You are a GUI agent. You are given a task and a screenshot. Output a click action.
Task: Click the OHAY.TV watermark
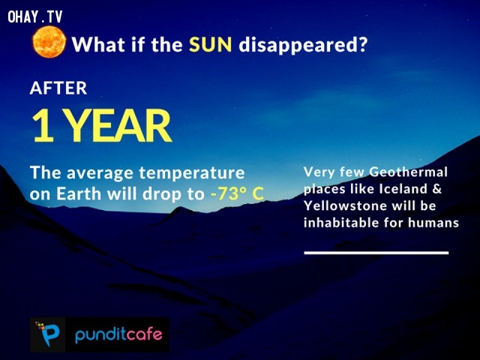[x=35, y=16]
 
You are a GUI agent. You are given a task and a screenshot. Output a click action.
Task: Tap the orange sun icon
[x=49, y=42]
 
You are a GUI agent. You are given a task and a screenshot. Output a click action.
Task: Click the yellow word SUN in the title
[x=211, y=45]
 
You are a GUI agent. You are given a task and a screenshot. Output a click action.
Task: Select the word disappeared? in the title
[x=303, y=45]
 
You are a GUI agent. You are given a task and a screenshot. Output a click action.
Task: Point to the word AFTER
[x=58, y=88]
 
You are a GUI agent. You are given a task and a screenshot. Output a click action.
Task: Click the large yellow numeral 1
[x=43, y=125]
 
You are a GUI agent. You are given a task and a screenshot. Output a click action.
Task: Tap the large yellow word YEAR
[x=118, y=125]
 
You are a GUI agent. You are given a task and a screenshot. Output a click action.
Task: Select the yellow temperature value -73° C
[x=237, y=193]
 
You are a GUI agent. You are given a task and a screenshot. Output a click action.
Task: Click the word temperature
[x=192, y=173]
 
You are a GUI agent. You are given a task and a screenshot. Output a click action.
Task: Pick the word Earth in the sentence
[x=74, y=193]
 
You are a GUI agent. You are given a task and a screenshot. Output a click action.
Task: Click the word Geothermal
[x=408, y=172]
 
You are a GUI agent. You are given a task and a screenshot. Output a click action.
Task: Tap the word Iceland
[x=403, y=188]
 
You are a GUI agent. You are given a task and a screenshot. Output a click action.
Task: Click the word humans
[x=433, y=223]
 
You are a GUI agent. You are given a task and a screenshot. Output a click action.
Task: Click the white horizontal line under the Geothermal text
[x=376, y=253]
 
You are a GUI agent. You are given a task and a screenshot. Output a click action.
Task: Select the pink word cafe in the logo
[x=143, y=334]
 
